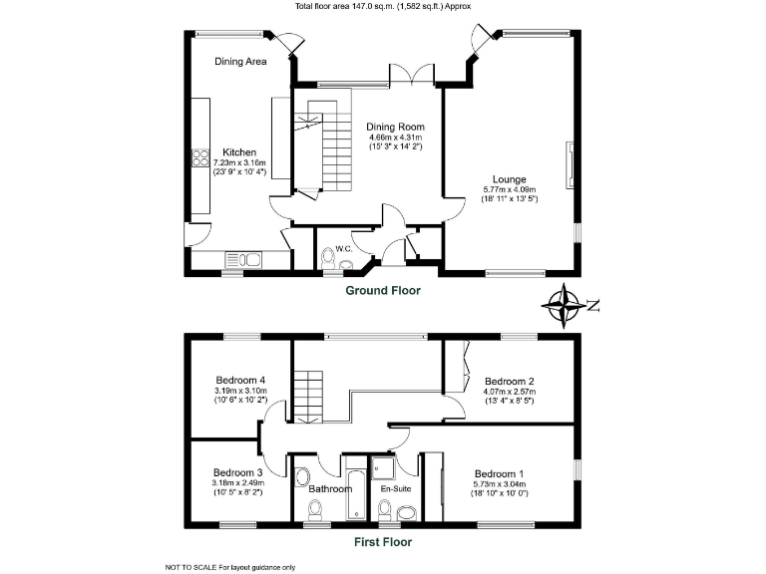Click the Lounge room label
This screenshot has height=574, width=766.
[509, 179]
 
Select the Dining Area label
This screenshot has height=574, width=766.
[240, 62]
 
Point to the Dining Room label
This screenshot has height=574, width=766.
[396, 127]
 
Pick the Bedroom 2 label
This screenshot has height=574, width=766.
[510, 381]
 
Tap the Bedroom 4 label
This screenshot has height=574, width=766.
[240, 380]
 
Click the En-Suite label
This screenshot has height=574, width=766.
[395, 489]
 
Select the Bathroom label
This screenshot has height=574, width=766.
[330, 489]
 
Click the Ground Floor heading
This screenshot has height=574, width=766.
[383, 291]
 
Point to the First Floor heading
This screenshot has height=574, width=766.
[383, 543]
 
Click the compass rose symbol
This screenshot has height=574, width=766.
[567, 306]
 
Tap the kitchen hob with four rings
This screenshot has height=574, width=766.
[197, 161]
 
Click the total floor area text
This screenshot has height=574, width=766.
[383, 6]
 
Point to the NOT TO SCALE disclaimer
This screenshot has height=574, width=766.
[229, 567]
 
